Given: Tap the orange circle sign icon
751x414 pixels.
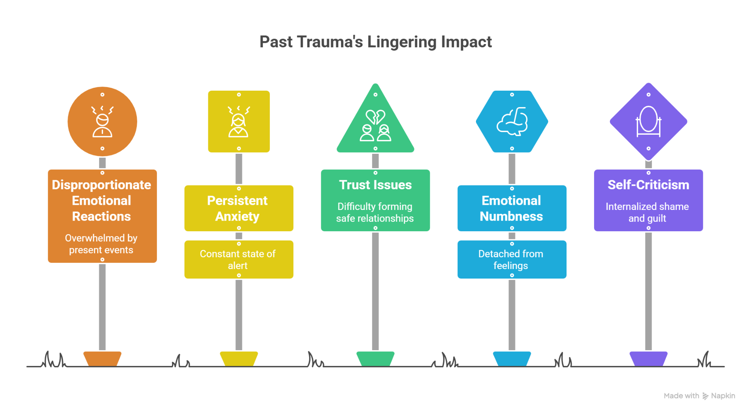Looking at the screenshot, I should (x=102, y=121).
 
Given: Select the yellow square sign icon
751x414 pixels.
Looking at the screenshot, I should (x=239, y=121).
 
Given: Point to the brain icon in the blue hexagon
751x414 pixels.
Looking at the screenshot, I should (x=512, y=121).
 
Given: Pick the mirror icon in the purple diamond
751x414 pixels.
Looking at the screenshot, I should (x=648, y=121).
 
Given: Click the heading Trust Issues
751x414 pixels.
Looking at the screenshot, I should (x=375, y=185).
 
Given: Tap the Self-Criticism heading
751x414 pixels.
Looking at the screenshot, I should (x=648, y=185).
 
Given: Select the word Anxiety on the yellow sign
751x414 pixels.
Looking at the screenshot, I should (x=237, y=216).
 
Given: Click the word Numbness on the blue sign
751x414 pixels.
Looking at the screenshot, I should (x=511, y=216).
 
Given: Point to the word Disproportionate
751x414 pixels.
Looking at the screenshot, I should (x=101, y=185).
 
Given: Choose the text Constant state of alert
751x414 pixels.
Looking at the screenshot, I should (x=238, y=259).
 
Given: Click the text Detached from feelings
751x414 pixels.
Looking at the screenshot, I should (x=511, y=259).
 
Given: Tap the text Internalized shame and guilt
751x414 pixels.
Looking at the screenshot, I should (x=647, y=212).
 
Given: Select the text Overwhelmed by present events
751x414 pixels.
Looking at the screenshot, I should (x=101, y=244).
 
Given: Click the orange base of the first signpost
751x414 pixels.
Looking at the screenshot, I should (x=102, y=359).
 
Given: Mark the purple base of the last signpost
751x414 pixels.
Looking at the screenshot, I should (x=648, y=359).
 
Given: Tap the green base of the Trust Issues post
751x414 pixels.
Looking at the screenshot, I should (x=375, y=359).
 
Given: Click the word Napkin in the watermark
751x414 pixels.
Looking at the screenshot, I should (x=723, y=396).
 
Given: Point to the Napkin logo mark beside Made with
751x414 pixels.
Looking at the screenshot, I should (x=705, y=396).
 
